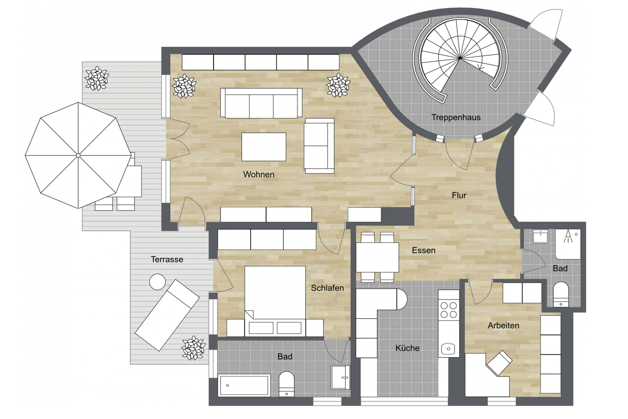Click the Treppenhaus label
456,117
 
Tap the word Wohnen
259,174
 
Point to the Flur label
459,195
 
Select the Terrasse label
167,259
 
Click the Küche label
407,348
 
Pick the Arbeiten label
503,325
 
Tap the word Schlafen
327,288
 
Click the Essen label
424,250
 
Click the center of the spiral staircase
460,58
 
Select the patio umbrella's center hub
78,155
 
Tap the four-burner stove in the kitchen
449,310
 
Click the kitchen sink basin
449,349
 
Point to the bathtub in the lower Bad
244,385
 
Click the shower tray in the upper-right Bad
568,244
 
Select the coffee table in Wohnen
264,147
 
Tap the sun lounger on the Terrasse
167,315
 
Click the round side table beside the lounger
158,282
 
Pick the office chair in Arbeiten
499,363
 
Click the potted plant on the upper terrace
97,78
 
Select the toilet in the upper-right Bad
561,294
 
